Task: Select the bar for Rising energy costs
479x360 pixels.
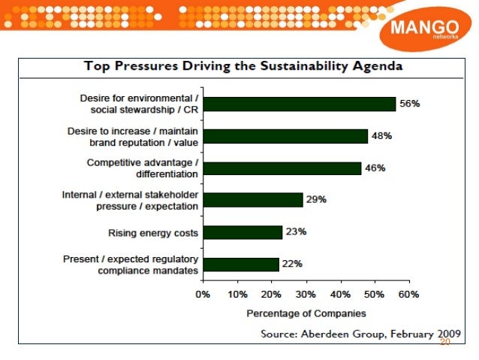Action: [x=242, y=232]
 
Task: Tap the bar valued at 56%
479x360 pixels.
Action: [x=299, y=104]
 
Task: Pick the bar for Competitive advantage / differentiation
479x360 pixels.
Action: [x=282, y=168]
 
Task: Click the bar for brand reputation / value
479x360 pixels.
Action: [x=285, y=136]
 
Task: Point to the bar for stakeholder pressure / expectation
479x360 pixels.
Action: [x=252, y=200]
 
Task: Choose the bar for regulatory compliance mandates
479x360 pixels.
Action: [x=240, y=264]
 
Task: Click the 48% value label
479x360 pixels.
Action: [x=381, y=136]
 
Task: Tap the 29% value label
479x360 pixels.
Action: [x=315, y=200]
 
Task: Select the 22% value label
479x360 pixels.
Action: [x=291, y=264]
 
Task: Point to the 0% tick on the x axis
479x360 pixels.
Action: [x=203, y=295]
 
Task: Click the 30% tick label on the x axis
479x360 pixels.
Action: [x=306, y=295]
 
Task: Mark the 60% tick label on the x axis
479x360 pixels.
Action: [x=408, y=295]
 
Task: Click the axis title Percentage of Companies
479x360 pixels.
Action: [x=306, y=313]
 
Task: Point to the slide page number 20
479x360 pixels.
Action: [x=444, y=343]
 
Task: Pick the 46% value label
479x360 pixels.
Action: [x=375, y=168]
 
